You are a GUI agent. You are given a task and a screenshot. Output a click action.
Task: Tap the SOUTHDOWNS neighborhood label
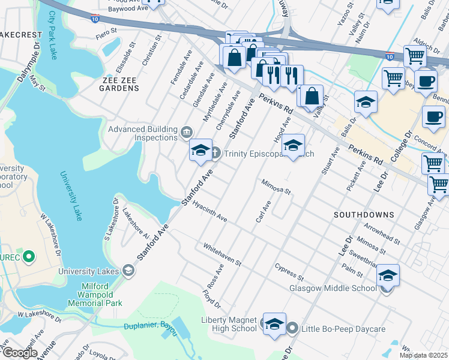[x=364, y=214]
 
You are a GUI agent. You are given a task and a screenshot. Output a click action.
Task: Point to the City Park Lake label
[x=53, y=34]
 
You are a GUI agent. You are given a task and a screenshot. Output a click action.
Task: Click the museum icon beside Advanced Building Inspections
[x=187, y=131]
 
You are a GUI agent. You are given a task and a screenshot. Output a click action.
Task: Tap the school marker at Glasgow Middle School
[x=388, y=275]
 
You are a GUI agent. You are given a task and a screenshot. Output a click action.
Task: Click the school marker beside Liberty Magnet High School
[x=274, y=324]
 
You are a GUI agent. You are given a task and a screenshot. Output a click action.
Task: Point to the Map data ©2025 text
[x=423, y=355]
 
